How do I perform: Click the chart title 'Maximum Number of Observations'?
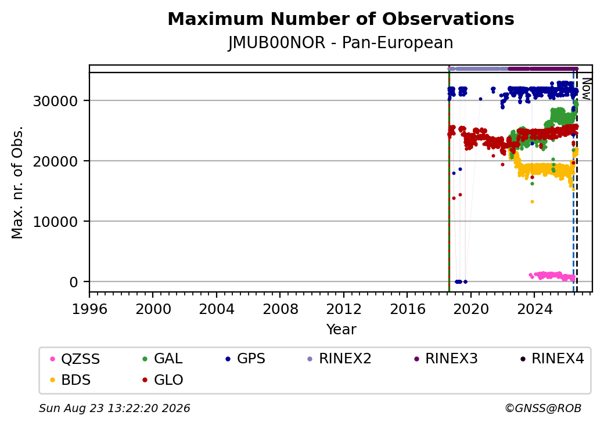pyautogui.click(x=341, y=19)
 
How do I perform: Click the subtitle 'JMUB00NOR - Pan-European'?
pyautogui.click(x=341, y=43)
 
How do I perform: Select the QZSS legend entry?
pyautogui.click(x=75, y=359)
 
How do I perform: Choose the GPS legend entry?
pyautogui.click(x=246, y=359)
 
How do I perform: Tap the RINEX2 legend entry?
pyautogui.click(x=340, y=359)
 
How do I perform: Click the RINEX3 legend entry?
pyautogui.click(x=446, y=359)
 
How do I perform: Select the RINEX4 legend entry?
pyautogui.click(x=552, y=359)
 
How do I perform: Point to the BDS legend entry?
pyautogui.click(x=70, y=380)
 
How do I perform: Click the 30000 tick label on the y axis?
pyautogui.click(x=56, y=101)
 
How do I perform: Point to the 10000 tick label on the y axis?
pyautogui.click(x=56, y=222)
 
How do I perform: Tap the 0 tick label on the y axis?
pyautogui.click(x=74, y=283)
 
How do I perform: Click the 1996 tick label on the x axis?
pyautogui.click(x=90, y=309)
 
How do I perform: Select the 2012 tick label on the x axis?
pyautogui.click(x=344, y=309)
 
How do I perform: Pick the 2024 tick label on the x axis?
pyautogui.click(x=534, y=309)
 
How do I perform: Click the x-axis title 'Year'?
pyautogui.click(x=341, y=330)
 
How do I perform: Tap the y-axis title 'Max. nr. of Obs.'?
pyautogui.click(x=17, y=182)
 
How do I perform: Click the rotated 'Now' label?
pyautogui.click(x=586, y=89)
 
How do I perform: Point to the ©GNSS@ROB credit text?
pyautogui.click(x=543, y=408)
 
